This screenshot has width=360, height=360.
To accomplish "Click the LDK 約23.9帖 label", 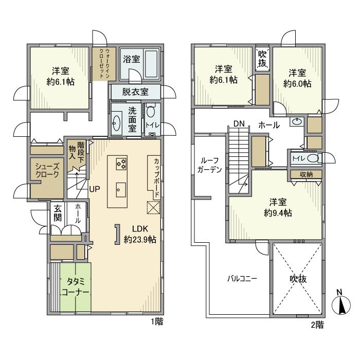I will (x=140, y=235).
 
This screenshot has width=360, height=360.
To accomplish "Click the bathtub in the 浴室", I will (x=151, y=62).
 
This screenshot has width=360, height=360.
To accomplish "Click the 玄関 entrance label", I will (x=57, y=214).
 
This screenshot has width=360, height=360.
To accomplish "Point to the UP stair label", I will (x=95, y=188).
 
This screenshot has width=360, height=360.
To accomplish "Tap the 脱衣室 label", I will (x=135, y=92).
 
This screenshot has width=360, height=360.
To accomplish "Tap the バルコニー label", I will (x=242, y=279).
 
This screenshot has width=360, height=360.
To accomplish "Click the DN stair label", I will (x=238, y=123).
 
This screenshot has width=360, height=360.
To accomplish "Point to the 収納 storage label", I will (x=306, y=174).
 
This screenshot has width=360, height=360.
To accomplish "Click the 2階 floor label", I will (x=317, y=325).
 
